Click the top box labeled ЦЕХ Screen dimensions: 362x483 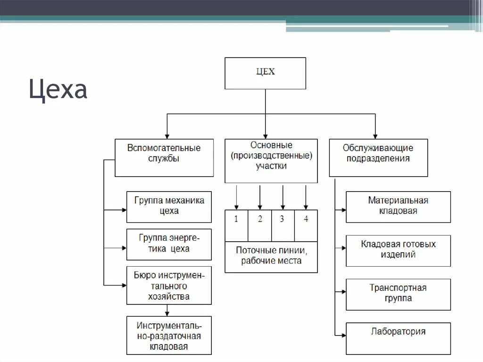(x=265, y=73)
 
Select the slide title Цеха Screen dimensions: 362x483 (x=58, y=89)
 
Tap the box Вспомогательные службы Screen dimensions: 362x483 (x=164, y=158)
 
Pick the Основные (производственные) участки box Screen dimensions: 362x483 (x=271, y=161)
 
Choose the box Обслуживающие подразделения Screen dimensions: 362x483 (x=378, y=158)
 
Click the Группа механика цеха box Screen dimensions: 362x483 (x=169, y=207)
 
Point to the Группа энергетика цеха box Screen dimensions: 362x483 (x=169, y=244)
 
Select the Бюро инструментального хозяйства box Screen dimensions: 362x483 (x=169, y=285)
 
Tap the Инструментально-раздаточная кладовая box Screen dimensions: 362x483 (x=169, y=335)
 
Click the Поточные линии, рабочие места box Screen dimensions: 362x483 (x=271, y=257)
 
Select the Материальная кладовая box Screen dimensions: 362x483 (x=398, y=207)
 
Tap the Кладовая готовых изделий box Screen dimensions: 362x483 (x=398, y=251)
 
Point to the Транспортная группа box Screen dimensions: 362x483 (x=398, y=294)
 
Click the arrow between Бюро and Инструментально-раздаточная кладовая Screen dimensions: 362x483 (x=167, y=310)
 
